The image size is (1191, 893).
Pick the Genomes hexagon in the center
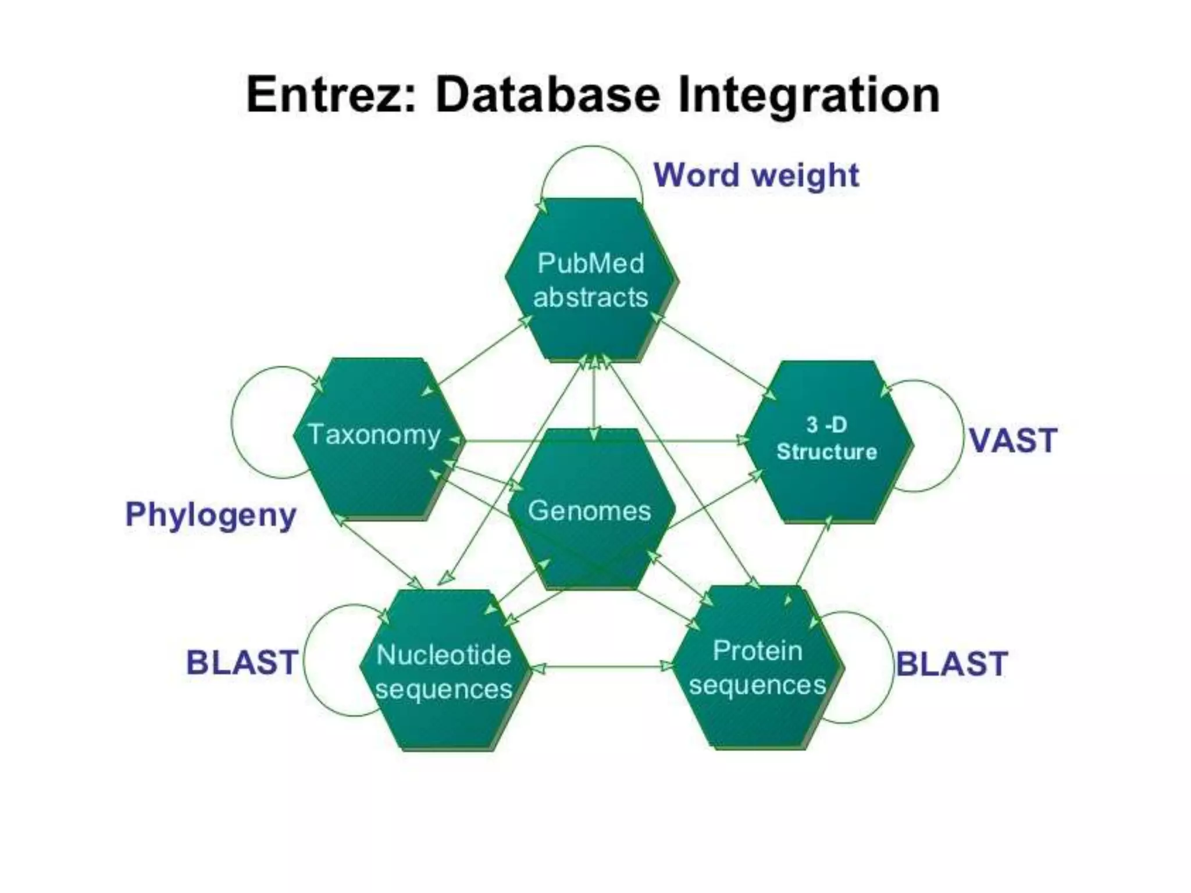pos(590,510)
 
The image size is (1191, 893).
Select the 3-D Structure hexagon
pos(827,440)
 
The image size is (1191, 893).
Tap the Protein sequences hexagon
pos(757,667)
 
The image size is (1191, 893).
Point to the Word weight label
pos(756,176)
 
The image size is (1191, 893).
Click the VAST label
pos(1012,441)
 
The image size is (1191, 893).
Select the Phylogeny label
pos(211,515)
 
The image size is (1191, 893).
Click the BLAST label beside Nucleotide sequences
pos(241,663)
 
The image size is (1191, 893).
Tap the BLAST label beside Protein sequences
pos(951,664)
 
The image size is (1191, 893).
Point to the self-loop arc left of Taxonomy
pos(233,423)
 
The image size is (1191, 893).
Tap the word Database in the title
pos(548,94)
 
